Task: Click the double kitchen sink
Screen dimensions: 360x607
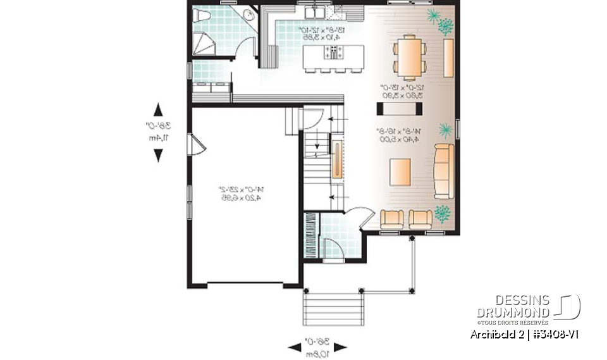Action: click(313, 12)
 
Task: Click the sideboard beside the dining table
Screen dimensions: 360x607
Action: click(449, 58)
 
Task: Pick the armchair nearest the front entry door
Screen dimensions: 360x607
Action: click(392, 219)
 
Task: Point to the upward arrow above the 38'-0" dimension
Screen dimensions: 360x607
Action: click(158, 109)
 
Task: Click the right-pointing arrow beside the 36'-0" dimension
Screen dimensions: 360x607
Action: click(340, 346)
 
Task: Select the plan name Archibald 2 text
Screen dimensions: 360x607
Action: click(496, 334)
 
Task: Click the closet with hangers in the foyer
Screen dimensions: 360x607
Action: click(310, 234)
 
